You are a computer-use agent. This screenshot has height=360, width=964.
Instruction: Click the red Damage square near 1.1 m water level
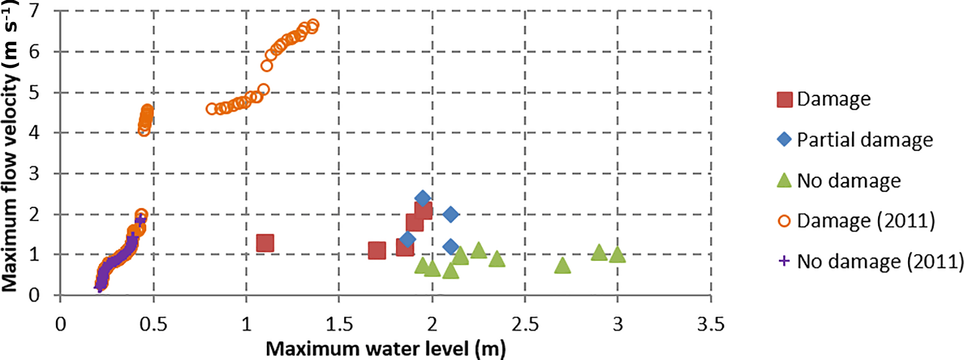[x=265, y=243]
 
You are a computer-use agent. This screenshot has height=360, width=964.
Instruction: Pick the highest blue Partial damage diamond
[x=423, y=199]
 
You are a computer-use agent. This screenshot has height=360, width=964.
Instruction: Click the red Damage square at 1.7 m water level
[x=377, y=250]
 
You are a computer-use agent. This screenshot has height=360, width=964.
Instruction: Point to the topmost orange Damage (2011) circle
[x=313, y=25]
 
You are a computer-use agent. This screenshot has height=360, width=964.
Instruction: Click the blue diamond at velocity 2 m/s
[x=451, y=215]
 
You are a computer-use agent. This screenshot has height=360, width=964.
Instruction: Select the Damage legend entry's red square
[x=784, y=100]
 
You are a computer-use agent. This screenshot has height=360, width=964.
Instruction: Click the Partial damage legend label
[x=864, y=140]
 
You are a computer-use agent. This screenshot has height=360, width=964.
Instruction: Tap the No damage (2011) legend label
[x=880, y=262]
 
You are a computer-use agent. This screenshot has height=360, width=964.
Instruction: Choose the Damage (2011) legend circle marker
[x=784, y=221]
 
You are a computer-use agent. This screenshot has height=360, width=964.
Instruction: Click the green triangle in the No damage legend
[x=784, y=180]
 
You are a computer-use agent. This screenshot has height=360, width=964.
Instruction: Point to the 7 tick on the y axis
[x=34, y=11]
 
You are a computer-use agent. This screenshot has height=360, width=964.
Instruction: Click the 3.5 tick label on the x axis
[x=711, y=324]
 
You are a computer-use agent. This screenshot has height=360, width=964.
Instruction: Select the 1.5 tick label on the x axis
[x=339, y=324]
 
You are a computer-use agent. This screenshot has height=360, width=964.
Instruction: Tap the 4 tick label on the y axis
[x=34, y=133]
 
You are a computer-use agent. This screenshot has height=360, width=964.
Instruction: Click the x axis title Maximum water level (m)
[x=386, y=349]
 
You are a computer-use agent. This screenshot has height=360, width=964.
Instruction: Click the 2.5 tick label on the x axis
[x=524, y=324]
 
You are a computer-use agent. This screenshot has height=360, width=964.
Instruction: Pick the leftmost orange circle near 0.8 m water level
[x=212, y=109]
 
